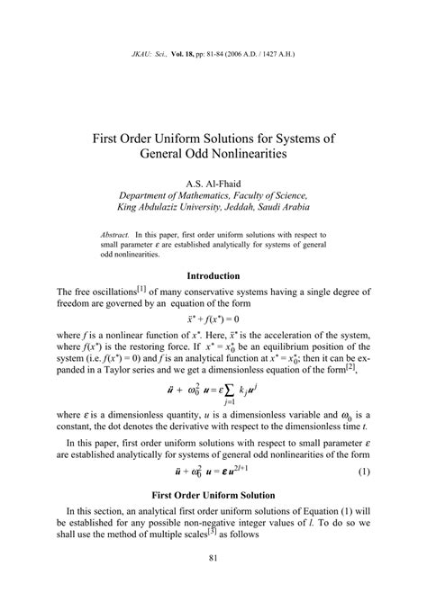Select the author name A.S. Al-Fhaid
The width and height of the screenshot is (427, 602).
[x=213, y=182]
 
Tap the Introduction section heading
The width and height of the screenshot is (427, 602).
[x=213, y=275]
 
